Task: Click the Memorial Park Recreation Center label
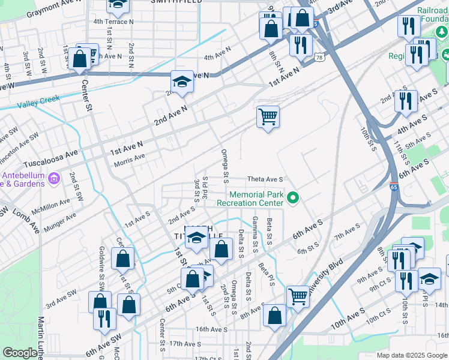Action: (256, 199)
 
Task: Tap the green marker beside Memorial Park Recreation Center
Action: (293, 197)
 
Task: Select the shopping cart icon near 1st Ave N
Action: (268, 116)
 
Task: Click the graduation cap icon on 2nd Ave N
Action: (181, 81)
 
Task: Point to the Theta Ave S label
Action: (265, 179)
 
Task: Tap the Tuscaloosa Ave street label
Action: (50, 159)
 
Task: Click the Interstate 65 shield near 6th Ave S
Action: (394, 187)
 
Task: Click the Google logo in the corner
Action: (20, 353)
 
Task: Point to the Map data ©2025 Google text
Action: (412, 355)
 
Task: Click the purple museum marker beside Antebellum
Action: (53, 178)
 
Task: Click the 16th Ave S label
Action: (211, 329)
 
